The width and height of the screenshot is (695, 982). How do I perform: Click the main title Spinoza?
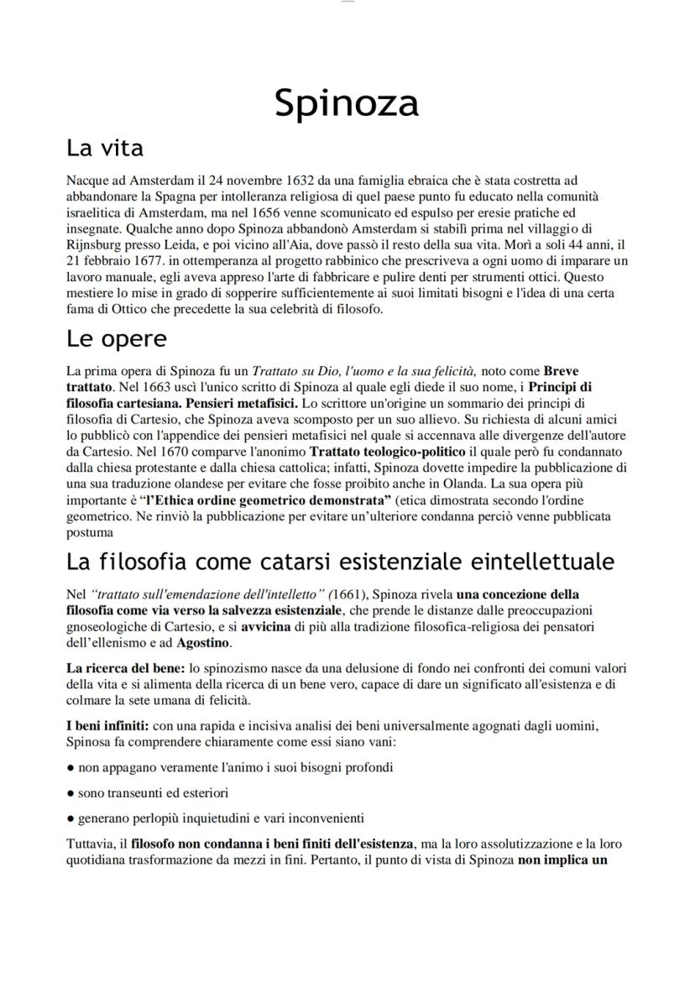point(347,103)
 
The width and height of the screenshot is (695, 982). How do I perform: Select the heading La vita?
point(105,149)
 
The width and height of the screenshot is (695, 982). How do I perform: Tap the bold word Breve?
point(561,371)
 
